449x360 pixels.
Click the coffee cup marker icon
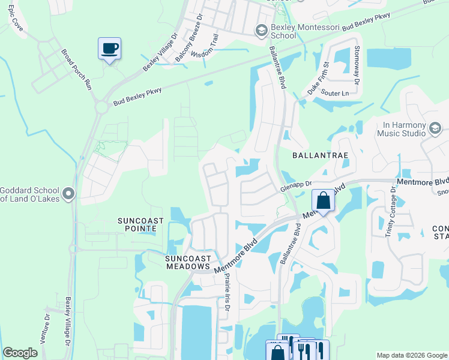109,48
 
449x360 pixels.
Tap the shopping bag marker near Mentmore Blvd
323,201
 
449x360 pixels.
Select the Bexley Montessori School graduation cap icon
261,29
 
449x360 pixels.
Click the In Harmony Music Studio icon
435,128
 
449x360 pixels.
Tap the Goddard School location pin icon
68,193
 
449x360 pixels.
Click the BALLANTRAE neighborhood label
320,155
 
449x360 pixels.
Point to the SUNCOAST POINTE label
140,224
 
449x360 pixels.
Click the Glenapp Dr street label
297,187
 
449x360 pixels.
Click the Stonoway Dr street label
357,64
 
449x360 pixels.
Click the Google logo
20,353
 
